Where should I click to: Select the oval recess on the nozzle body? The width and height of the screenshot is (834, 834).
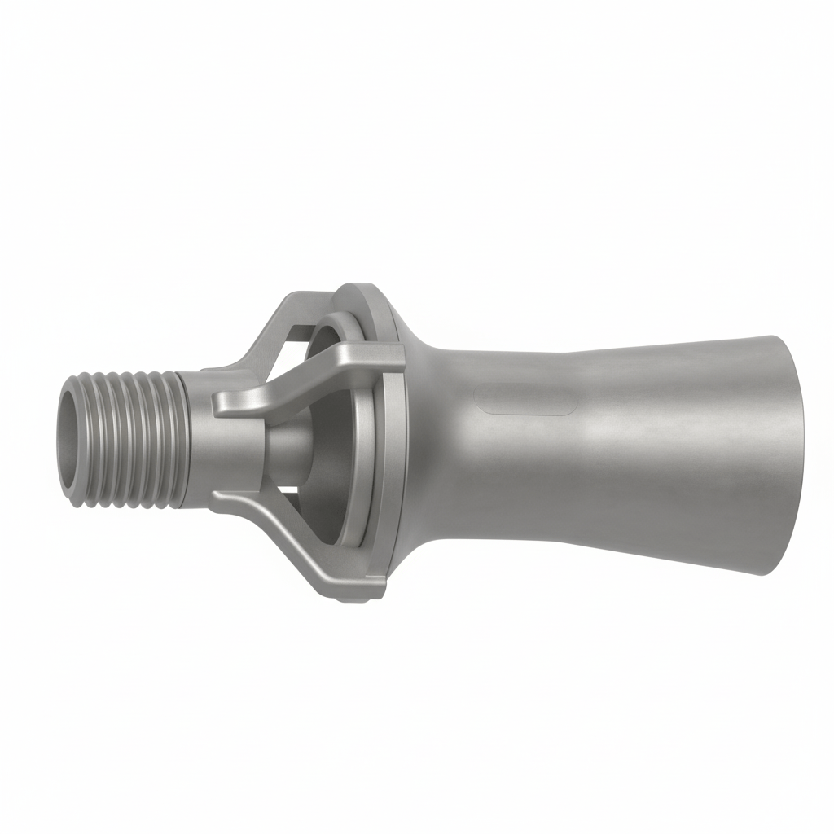click(525, 399)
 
